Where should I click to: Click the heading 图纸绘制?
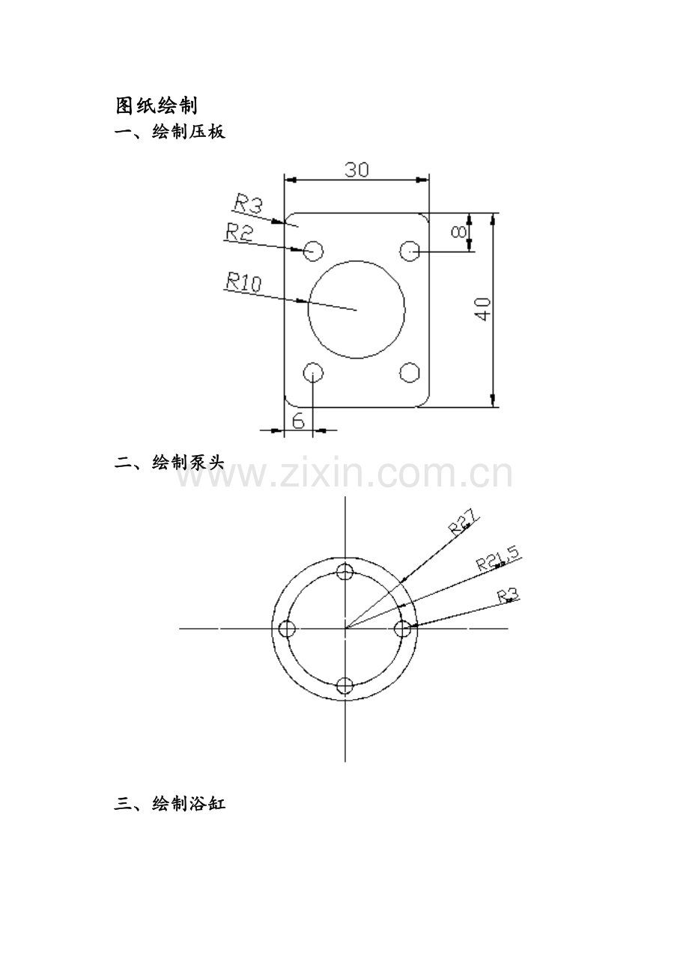point(157,106)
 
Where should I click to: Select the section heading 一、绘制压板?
point(170,132)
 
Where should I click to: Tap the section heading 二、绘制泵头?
point(170,463)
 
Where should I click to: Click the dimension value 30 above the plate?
point(356,170)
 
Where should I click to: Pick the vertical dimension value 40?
point(483,309)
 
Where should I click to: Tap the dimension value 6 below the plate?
point(298,421)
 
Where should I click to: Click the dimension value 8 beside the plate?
point(458,232)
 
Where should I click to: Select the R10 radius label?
point(244,281)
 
